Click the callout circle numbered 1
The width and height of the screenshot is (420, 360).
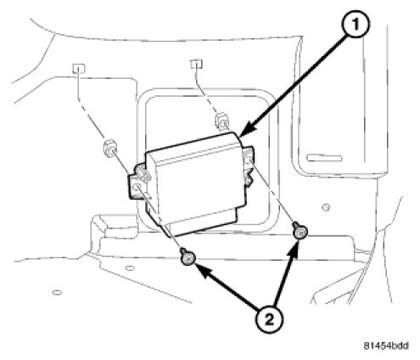pyautogui.click(x=356, y=25)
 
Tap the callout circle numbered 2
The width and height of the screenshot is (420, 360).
pyautogui.click(x=269, y=319)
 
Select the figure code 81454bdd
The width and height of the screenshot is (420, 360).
pyautogui.click(x=386, y=346)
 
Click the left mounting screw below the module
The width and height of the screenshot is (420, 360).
pyautogui.click(x=188, y=257)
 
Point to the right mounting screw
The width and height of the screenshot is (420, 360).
pyautogui.click(x=300, y=231)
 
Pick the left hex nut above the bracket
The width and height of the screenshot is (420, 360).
pyautogui.click(x=109, y=149)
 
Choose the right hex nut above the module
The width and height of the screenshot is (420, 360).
pyautogui.click(x=223, y=121)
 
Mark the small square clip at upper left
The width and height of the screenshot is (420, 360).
pyautogui.click(x=79, y=68)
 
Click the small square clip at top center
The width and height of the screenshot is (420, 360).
pyautogui.click(x=197, y=64)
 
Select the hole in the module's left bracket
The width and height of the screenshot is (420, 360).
pyautogui.click(x=137, y=187)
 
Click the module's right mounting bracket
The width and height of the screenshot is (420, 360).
pyautogui.click(x=248, y=166)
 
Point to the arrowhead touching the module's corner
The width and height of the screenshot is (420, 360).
pyautogui.click(x=247, y=129)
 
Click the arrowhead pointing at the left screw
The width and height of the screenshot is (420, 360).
pyautogui.click(x=203, y=270)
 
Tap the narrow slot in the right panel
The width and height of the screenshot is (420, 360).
pyautogui.click(x=324, y=158)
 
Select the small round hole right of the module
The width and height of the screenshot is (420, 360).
pyautogui.click(x=326, y=207)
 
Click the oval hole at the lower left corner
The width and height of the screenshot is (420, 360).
pyautogui.click(x=57, y=292)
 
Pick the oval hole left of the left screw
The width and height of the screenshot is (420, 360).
pyautogui.click(x=130, y=267)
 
